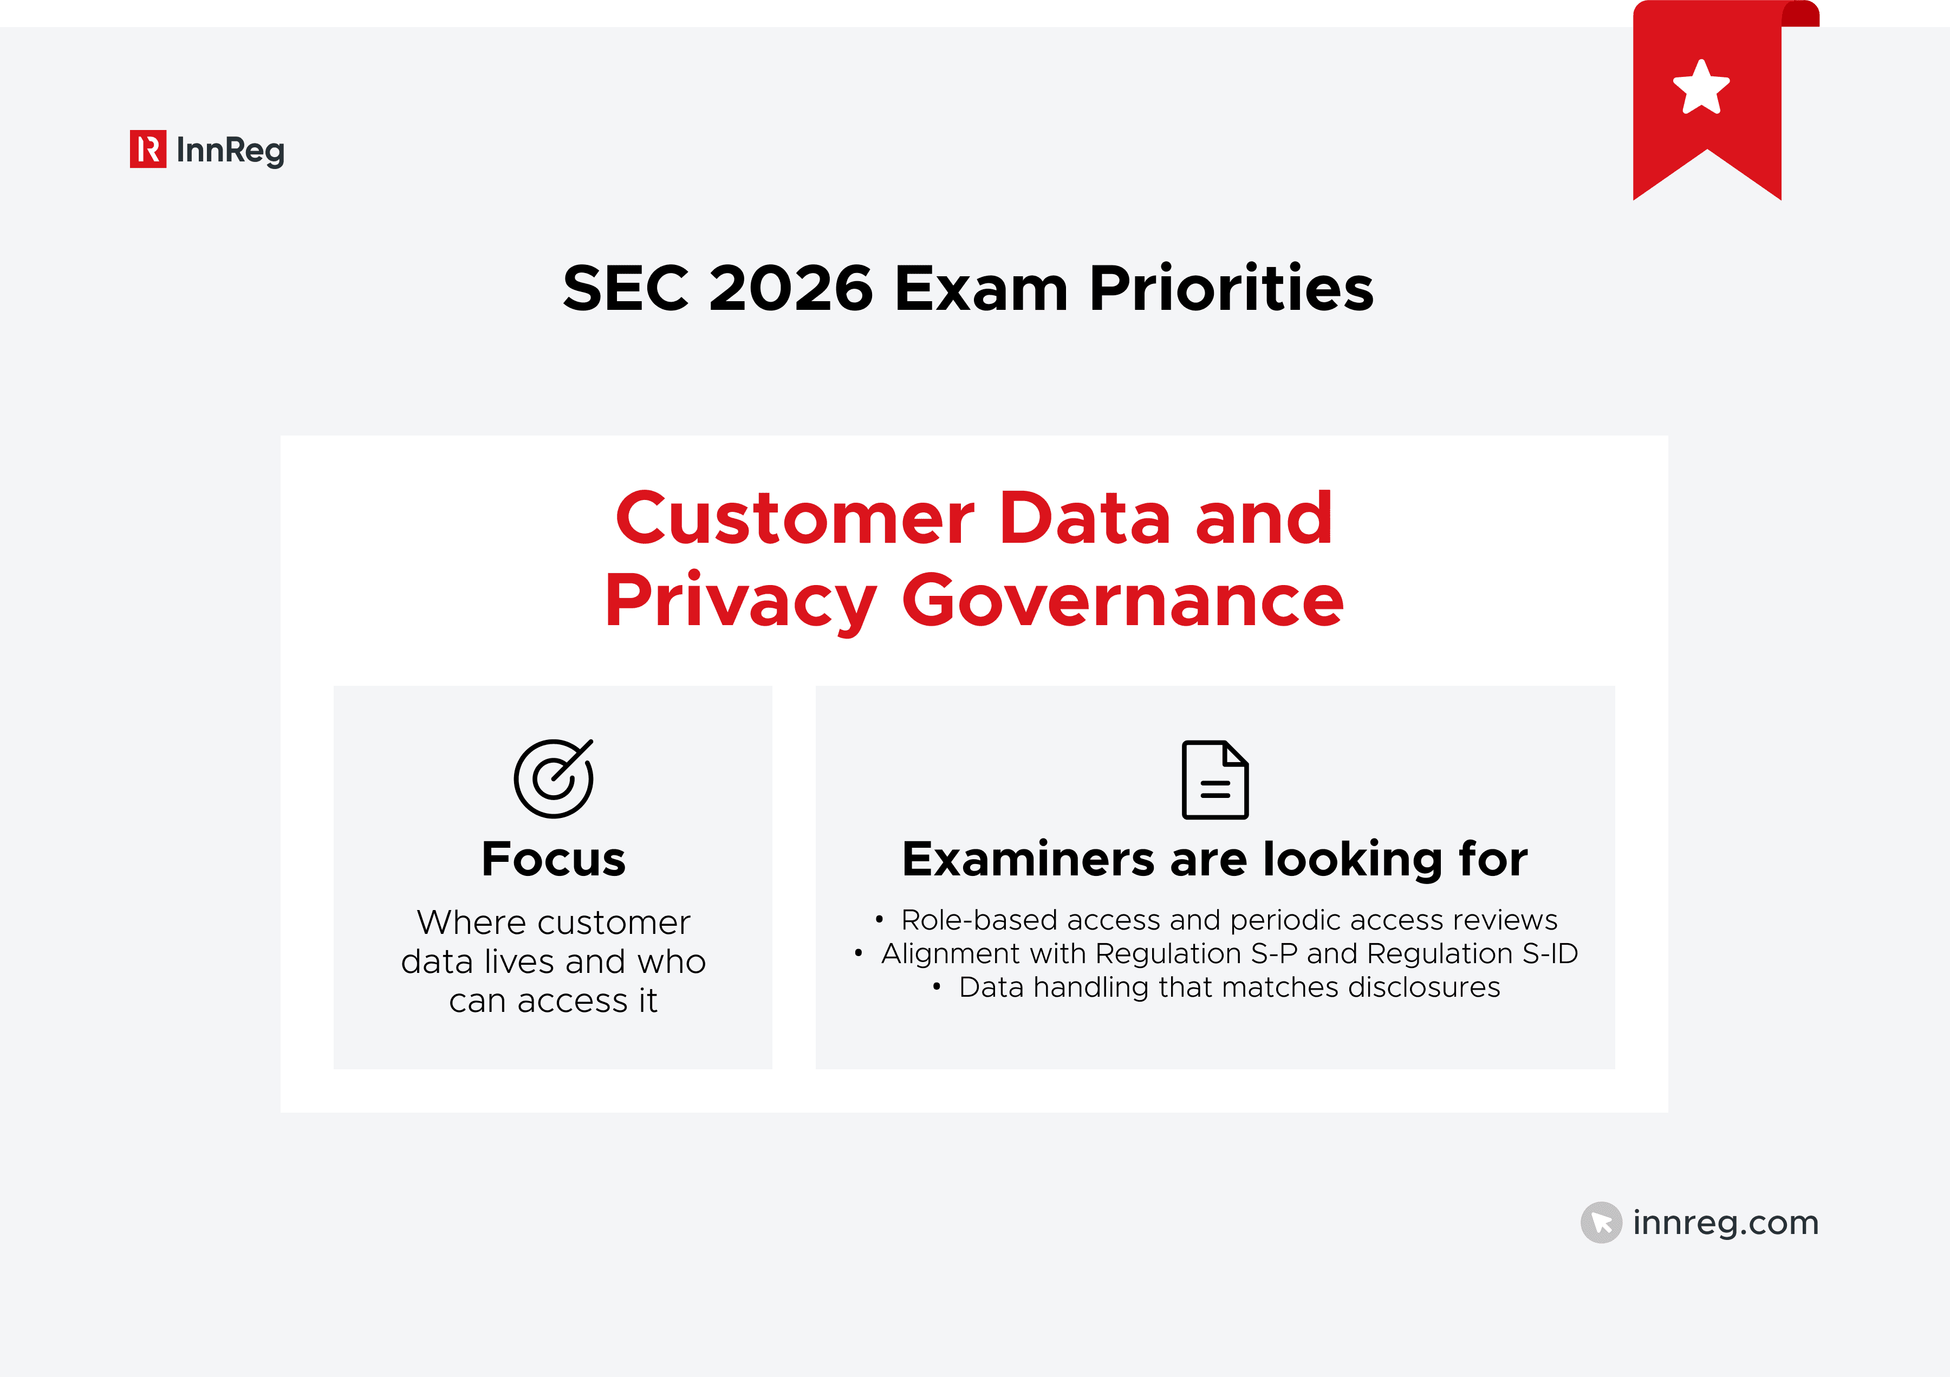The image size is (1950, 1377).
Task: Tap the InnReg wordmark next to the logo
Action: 230,151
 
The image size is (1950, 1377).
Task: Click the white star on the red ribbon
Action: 1701,88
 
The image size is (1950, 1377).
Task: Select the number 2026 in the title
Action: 791,288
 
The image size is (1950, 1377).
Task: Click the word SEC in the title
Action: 625,288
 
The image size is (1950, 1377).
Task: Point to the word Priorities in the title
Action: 1231,288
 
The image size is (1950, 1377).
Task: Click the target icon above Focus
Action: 554,778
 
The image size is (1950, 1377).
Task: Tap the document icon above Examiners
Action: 1215,780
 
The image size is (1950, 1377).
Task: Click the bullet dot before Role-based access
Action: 879,919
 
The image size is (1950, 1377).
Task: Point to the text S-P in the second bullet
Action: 1274,953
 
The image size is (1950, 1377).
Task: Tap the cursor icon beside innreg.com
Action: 1601,1223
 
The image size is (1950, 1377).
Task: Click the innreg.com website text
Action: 1726,1223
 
